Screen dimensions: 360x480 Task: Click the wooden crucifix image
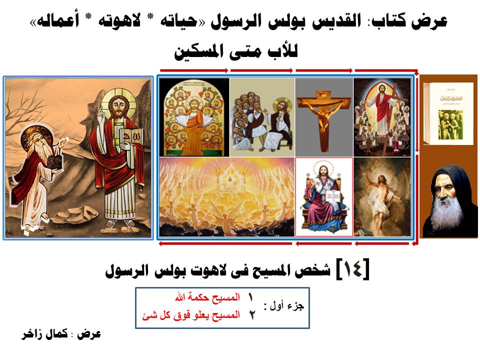click(324, 116)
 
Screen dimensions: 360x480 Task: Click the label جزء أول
click(284, 306)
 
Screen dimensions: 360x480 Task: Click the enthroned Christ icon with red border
click(324, 197)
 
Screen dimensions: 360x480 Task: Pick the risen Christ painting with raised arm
click(382, 197)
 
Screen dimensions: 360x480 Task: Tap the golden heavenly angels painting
click(227, 197)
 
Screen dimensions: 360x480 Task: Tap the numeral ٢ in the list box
click(251, 315)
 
